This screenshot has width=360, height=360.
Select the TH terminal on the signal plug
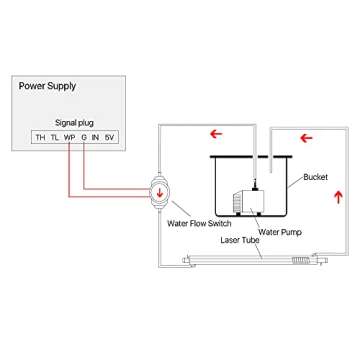[x=40, y=136]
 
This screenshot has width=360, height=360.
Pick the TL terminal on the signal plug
[x=54, y=136]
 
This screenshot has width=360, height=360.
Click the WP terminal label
[x=69, y=136]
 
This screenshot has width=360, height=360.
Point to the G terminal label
[x=84, y=136]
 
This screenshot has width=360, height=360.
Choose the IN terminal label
[x=96, y=136]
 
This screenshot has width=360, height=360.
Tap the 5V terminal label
[x=111, y=136]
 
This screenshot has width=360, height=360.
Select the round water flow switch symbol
[x=160, y=189]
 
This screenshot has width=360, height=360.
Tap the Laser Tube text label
[x=237, y=242]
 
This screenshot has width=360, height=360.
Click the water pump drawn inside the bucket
[x=245, y=199]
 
